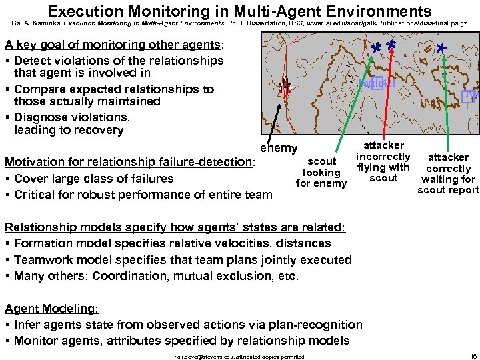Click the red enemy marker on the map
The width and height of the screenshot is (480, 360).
click(x=285, y=85)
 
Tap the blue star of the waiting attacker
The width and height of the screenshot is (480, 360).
click(x=441, y=49)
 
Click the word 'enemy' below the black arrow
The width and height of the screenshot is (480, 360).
click(x=279, y=147)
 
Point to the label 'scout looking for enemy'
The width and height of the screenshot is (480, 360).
click(x=321, y=172)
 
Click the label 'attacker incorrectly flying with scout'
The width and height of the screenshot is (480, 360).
click(x=383, y=161)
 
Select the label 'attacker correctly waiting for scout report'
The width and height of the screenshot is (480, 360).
click(x=448, y=173)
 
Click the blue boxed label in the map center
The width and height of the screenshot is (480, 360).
click(x=377, y=84)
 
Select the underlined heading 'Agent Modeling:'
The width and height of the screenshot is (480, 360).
click(x=52, y=309)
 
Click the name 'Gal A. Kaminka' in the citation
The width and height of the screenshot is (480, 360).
click(x=36, y=23)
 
